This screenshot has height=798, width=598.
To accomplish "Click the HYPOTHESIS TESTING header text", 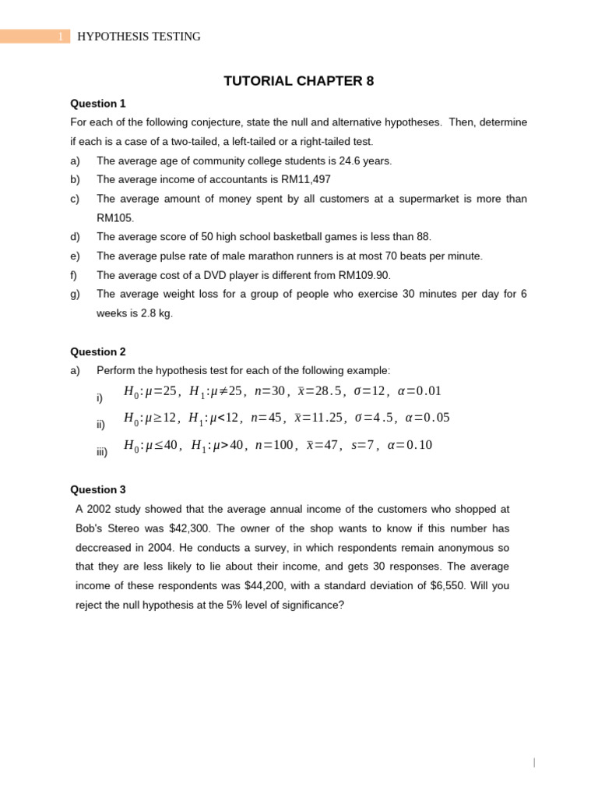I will [x=139, y=37].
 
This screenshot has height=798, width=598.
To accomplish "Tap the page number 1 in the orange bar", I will [x=59, y=37].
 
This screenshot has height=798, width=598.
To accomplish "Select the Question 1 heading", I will [x=98, y=104].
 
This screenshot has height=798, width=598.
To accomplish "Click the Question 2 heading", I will [x=98, y=351].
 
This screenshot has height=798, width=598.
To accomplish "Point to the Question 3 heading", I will [x=98, y=489].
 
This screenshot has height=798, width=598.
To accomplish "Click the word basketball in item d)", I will [x=287, y=237].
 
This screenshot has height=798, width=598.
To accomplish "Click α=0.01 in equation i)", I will [x=419, y=390].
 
